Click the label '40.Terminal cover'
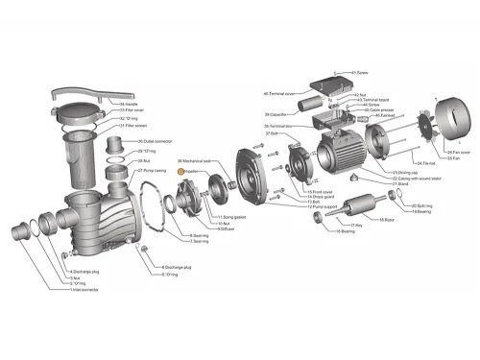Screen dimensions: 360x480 coord(277,94)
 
